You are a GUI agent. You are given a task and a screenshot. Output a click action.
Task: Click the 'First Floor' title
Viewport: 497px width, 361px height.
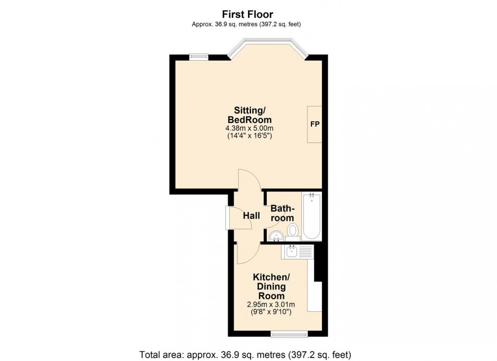pos(248,15)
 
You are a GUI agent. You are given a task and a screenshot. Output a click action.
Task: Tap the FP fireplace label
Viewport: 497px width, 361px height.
pos(314,124)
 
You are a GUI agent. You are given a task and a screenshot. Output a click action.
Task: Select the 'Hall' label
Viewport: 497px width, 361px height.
pos(251,216)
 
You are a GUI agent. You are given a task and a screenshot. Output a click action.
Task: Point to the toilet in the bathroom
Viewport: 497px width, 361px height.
pos(293,232)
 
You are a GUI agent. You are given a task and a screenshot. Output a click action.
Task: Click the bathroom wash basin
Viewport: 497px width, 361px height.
pos(276,235)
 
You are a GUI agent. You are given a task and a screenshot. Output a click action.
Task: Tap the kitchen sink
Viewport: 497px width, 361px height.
pos(292,251)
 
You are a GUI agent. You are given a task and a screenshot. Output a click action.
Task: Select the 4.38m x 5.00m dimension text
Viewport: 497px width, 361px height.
pos(250,128)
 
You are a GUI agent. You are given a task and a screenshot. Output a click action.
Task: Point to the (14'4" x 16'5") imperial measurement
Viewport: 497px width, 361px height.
pos(250,136)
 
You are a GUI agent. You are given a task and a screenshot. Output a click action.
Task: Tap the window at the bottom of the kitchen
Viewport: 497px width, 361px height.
pos(289,333)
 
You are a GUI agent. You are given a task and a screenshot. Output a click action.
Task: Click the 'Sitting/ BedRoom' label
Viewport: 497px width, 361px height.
pos(250,115)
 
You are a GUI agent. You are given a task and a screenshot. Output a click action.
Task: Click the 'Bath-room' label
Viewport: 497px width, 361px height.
pos(282,213)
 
